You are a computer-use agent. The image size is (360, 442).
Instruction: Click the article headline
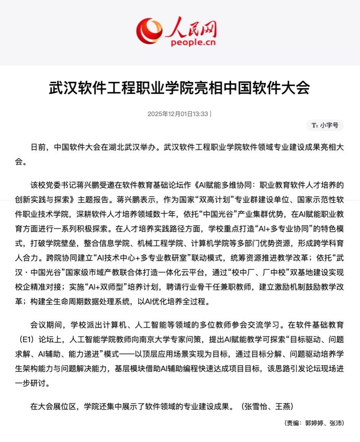[179, 88]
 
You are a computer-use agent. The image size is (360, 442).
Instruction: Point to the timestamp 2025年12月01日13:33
[178, 114]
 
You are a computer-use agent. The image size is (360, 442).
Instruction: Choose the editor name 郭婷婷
[314, 423]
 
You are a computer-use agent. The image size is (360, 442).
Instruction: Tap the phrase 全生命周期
[67, 301]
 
